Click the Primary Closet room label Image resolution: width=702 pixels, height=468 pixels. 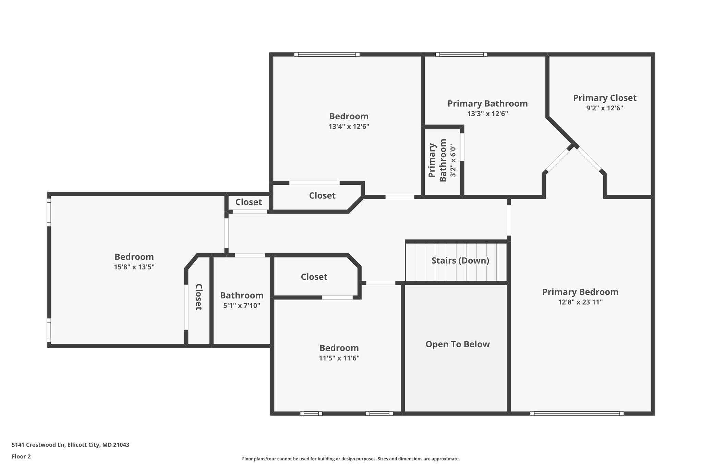[x=605, y=98]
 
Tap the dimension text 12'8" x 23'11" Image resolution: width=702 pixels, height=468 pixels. [x=580, y=302]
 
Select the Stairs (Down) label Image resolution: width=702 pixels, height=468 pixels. [x=460, y=261]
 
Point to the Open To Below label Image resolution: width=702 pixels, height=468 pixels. [x=458, y=344]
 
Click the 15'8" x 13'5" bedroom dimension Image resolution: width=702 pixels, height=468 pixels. [x=134, y=267]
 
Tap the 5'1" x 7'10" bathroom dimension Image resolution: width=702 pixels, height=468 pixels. [x=242, y=305]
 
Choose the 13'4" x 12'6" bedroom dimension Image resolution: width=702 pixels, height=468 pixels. [x=349, y=126]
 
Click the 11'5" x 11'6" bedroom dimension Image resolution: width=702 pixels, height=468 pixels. [x=339, y=358]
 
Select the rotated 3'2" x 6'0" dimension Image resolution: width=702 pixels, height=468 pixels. [x=453, y=160]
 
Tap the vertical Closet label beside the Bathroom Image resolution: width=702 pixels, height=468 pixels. [x=198, y=297]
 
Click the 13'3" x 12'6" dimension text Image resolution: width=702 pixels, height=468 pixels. [x=487, y=113]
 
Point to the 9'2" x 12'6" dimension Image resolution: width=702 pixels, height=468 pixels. [x=605, y=108]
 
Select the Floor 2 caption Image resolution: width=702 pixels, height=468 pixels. [x=21, y=456]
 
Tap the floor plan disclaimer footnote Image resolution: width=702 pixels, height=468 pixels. [x=351, y=459]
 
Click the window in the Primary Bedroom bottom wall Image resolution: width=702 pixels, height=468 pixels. [x=577, y=413]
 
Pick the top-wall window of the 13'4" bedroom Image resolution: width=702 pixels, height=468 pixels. [x=327, y=54]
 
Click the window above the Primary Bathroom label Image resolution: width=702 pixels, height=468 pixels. [x=461, y=54]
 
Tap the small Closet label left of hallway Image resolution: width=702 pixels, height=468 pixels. [x=249, y=202]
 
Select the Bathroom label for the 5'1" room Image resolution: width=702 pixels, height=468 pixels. [x=242, y=296]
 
